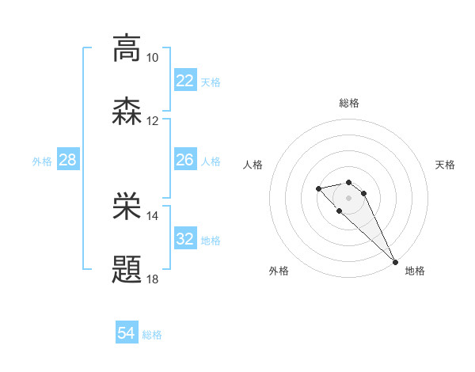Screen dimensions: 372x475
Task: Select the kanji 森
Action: [x=127, y=111]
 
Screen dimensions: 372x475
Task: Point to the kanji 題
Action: [x=127, y=269]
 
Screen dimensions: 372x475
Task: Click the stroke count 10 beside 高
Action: [x=152, y=58]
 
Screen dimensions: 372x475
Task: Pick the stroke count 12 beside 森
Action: [x=152, y=121]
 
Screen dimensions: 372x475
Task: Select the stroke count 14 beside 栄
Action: [x=152, y=216]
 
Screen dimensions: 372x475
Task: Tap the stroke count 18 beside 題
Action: [x=152, y=279]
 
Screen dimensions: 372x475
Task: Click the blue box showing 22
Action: [x=185, y=81]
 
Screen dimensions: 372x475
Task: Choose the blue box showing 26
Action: [x=185, y=161]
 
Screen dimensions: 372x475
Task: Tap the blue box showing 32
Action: [x=185, y=239]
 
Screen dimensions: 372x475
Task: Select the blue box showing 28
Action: [x=68, y=161]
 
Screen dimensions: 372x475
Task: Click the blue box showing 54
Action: [x=127, y=334]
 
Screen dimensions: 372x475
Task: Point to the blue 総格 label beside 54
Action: [x=152, y=335]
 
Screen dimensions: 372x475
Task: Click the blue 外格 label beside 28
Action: [x=42, y=161]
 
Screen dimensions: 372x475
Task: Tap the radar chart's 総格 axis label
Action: [x=349, y=103]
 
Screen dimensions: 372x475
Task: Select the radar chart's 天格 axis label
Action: [x=445, y=165]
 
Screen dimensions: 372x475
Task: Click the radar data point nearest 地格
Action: [x=395, y=262]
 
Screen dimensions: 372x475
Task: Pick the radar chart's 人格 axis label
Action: [x=253, y=165]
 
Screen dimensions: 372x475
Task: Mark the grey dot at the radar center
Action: [x=349, y=197]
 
